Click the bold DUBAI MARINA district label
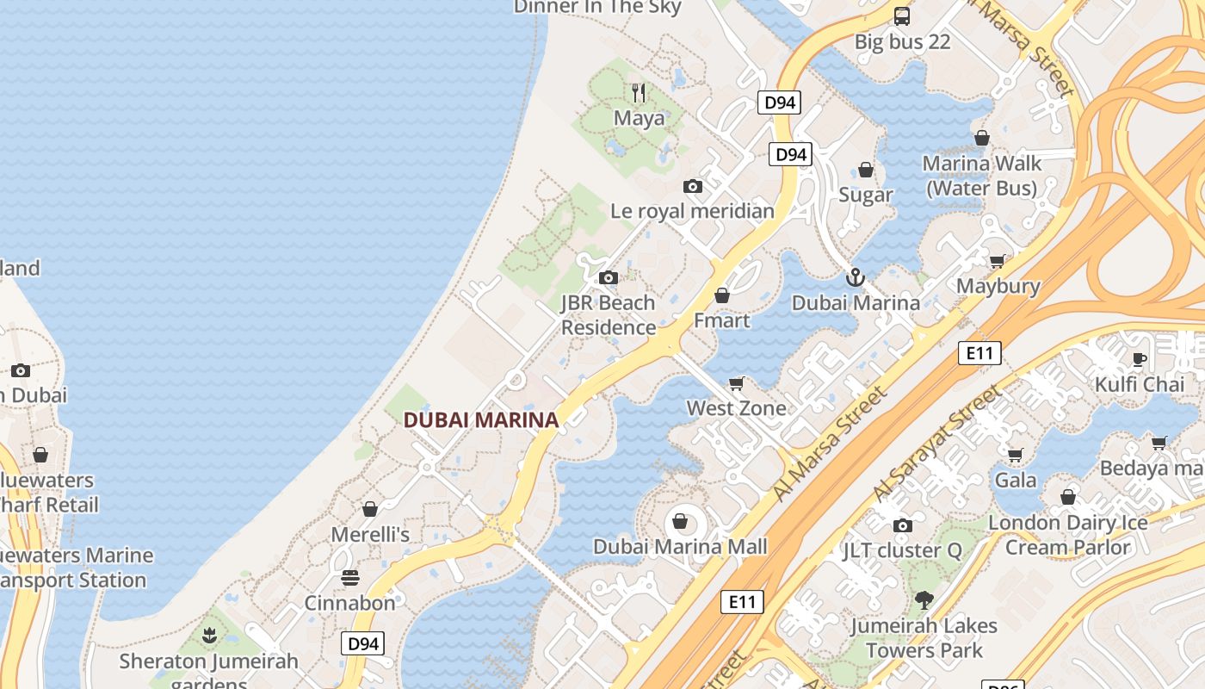click(x=481, y=419)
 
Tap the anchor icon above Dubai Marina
click(x=855, y=277)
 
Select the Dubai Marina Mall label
click(x=680, y=546)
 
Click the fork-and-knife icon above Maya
click(x=639, y=92)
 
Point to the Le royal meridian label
click(x=692, y=211)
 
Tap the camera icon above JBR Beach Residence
click(x=609, y=277)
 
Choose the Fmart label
click(x=722, y=320)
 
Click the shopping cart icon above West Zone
click(x=736, y=383)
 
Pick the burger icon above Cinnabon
click(x=349, y=577)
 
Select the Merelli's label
click(x=370, y=534)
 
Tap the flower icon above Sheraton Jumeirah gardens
click(x=208, y=636)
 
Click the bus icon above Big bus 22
click(x=902, y=16)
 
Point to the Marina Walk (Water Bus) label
click(x=982, y=175)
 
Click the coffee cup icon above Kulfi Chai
click(x=1140, y=359)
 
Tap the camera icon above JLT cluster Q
click(x=902, y=525)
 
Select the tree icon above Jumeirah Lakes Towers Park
click(x=924, y=599)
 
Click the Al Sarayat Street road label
click(x=936, y=444)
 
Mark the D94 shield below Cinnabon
click(x=362, y=643)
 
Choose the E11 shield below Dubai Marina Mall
click(x=741, y=601)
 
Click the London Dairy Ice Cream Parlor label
click(x=1067, y=535)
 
